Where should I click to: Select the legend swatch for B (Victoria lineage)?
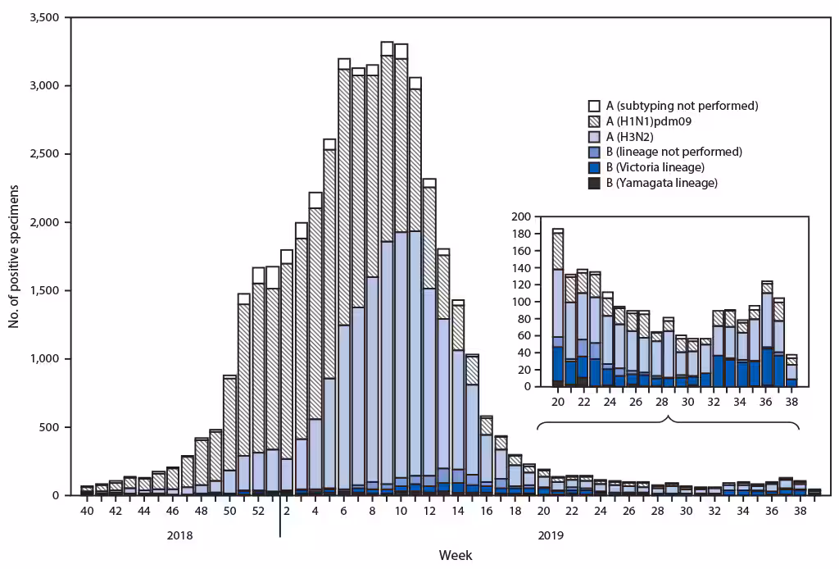coord(594,167)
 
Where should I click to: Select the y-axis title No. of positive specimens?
coord(14,256)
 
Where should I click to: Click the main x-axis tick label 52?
coord(258,511)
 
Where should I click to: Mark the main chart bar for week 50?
coord(229,435)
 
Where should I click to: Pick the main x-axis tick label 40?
coord(87,511)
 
